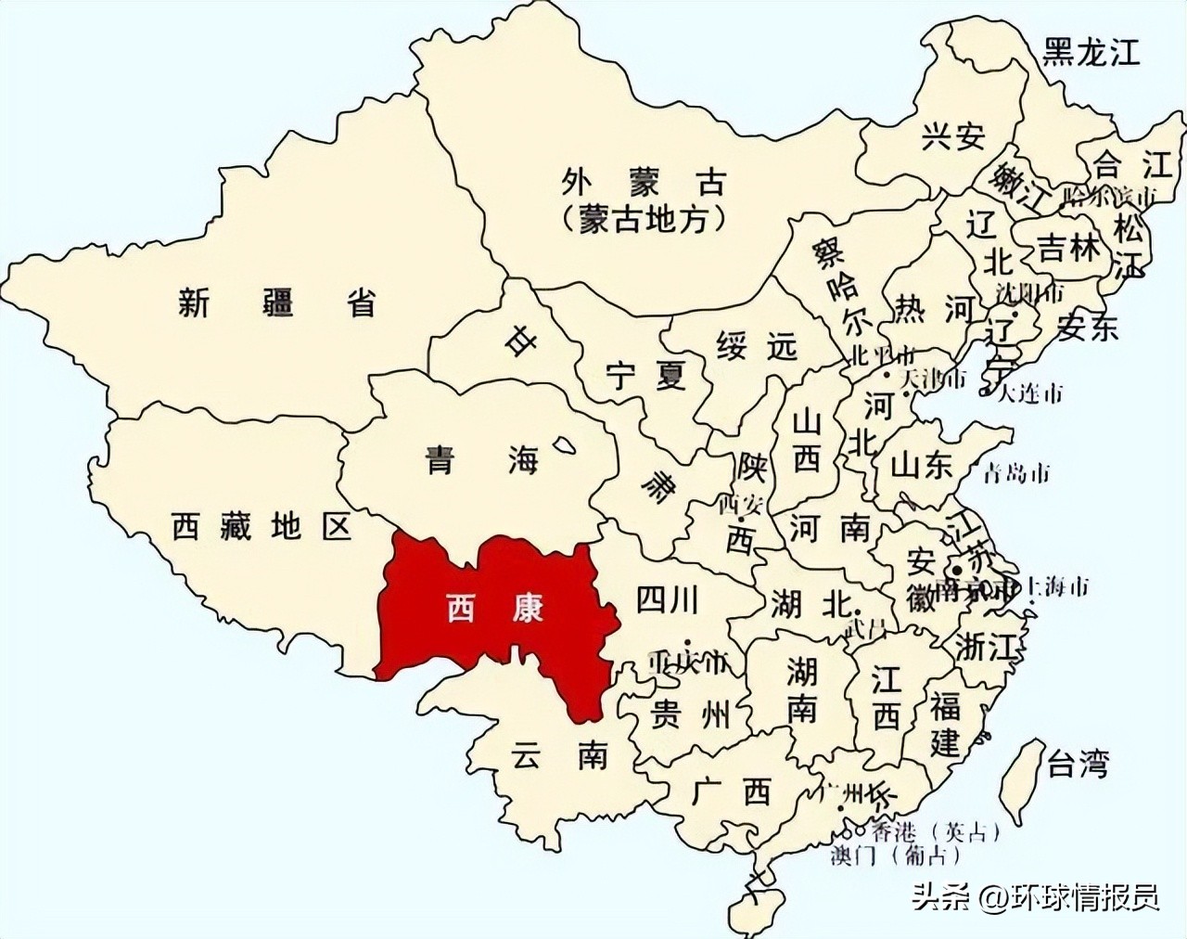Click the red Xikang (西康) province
tap(491, 612)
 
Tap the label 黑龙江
tap(1090, 53)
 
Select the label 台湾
tap(1078, 765)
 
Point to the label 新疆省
tap(277, 302)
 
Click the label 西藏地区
tap(262, 527)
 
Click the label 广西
tap(732, 791)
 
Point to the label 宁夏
tap(645, 375)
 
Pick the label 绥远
tap(757, 346)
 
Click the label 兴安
tap(952, 136)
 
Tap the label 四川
tap(667, 599)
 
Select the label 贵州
tap(691, 714)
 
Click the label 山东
tap(922, 464)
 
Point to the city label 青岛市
tap(1018, 474)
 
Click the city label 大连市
tap(1030, 393)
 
